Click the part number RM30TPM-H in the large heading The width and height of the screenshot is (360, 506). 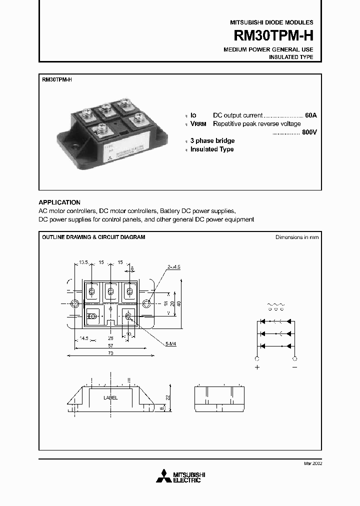(274, 36)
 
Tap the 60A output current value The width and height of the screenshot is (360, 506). (310, 115)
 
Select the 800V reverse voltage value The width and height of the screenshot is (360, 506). (309, 132)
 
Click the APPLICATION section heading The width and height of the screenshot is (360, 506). (59, 202)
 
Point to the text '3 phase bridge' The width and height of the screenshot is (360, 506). (212, 141)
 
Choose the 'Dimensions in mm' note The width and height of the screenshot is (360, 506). (297, 237)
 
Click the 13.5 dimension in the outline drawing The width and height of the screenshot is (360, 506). (83, 262)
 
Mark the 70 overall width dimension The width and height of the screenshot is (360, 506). (110, 353)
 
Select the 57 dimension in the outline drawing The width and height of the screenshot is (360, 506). (110, 345)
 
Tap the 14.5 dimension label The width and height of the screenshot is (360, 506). (83, 338)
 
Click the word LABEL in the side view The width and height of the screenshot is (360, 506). (110, 398)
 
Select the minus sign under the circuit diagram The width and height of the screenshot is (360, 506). (295, 367)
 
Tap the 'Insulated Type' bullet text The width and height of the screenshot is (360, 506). (212, 149)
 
